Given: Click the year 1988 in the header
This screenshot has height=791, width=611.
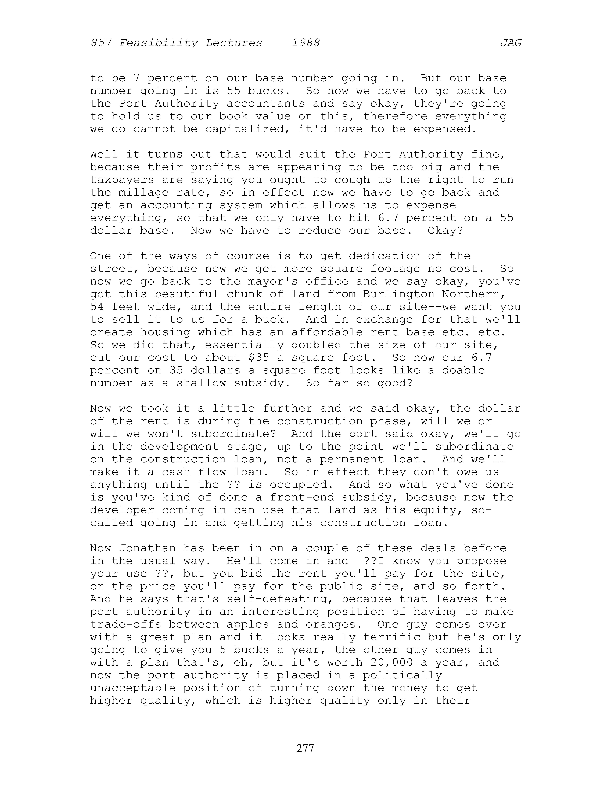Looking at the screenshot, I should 306,43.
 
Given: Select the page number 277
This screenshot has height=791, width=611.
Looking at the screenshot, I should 305,748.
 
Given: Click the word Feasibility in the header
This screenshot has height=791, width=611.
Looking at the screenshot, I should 159,43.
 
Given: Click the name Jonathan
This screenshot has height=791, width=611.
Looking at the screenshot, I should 147,548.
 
